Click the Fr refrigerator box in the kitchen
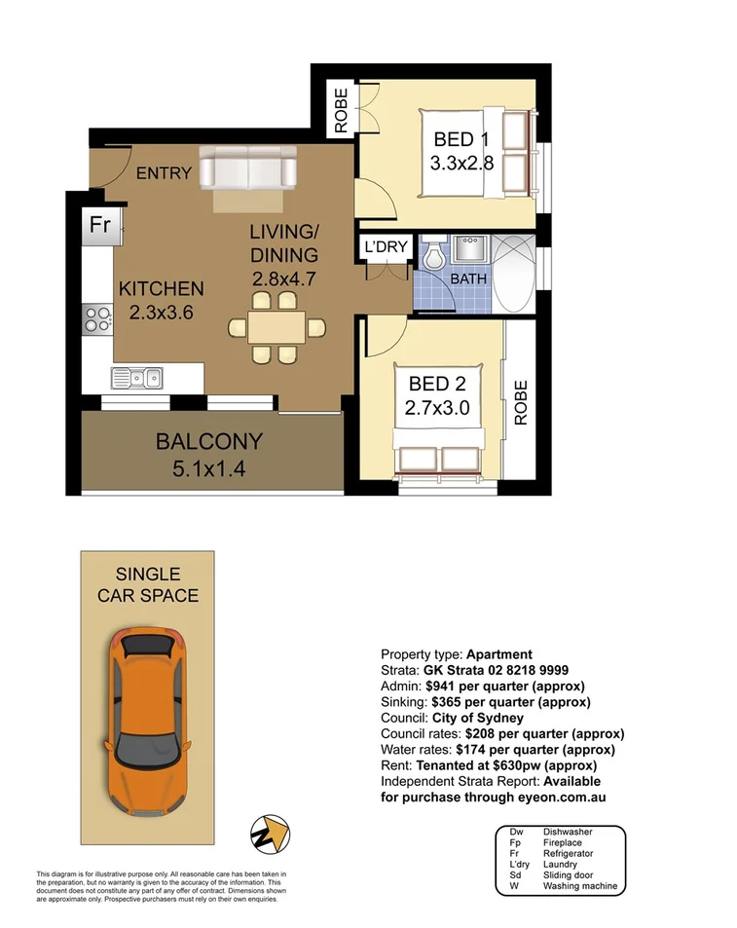tap(98, 225)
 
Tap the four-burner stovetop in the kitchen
tap(98, 316)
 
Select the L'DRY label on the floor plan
tap(386, 247)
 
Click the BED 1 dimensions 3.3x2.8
tap(462, 164)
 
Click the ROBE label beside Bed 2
tap(520, 402)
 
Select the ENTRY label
tap(163, 174)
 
